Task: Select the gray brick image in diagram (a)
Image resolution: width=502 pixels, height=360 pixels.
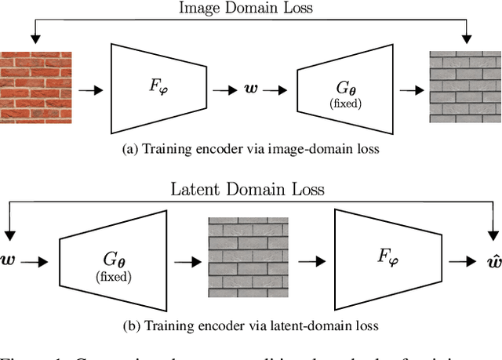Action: (464, 87)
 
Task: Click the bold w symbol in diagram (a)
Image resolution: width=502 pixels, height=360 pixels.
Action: (252, 89)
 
